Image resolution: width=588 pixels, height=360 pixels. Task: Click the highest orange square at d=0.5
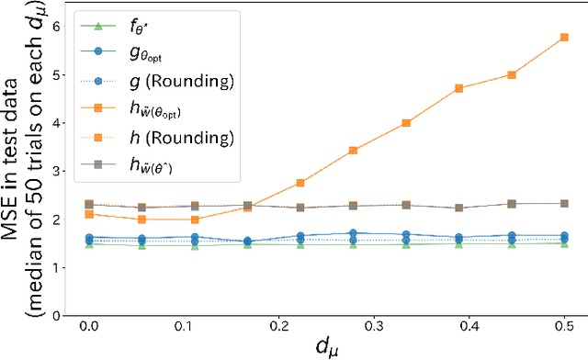click(564, 38)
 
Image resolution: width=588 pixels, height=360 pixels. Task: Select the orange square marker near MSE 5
click(512, 75)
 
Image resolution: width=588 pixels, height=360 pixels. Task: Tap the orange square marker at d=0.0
click(89, 214)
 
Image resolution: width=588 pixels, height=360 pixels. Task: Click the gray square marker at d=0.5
click(564, 203)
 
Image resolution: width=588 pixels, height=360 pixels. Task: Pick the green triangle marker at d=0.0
click(89, 244)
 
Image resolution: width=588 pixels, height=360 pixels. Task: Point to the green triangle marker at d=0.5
click(564, 243)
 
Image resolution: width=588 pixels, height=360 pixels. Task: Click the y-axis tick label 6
click(57, 27)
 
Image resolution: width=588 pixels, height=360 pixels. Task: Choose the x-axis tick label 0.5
click(564, 328)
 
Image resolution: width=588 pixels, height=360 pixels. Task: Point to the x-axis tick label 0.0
click(89, 328)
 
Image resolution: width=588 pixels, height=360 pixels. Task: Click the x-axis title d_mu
click(326, 348)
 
